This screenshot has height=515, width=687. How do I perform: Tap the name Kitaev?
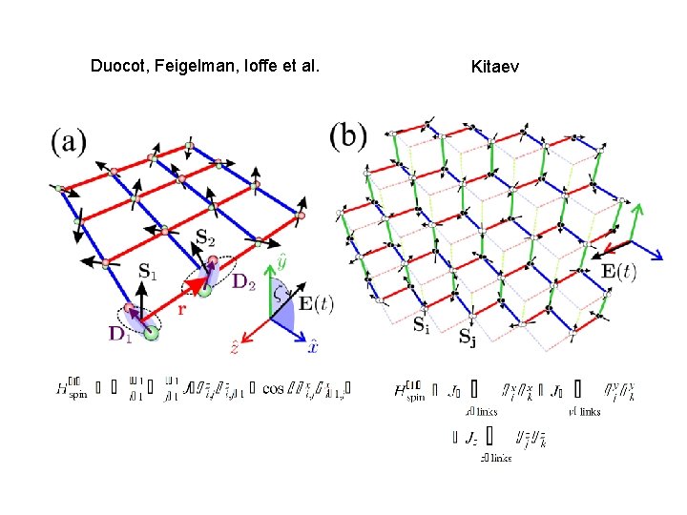[495, 66]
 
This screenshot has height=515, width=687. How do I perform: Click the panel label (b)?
[347, 134]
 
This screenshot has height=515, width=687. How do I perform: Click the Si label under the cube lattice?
[421, 323]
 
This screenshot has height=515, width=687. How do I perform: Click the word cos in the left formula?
[274, 388]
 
